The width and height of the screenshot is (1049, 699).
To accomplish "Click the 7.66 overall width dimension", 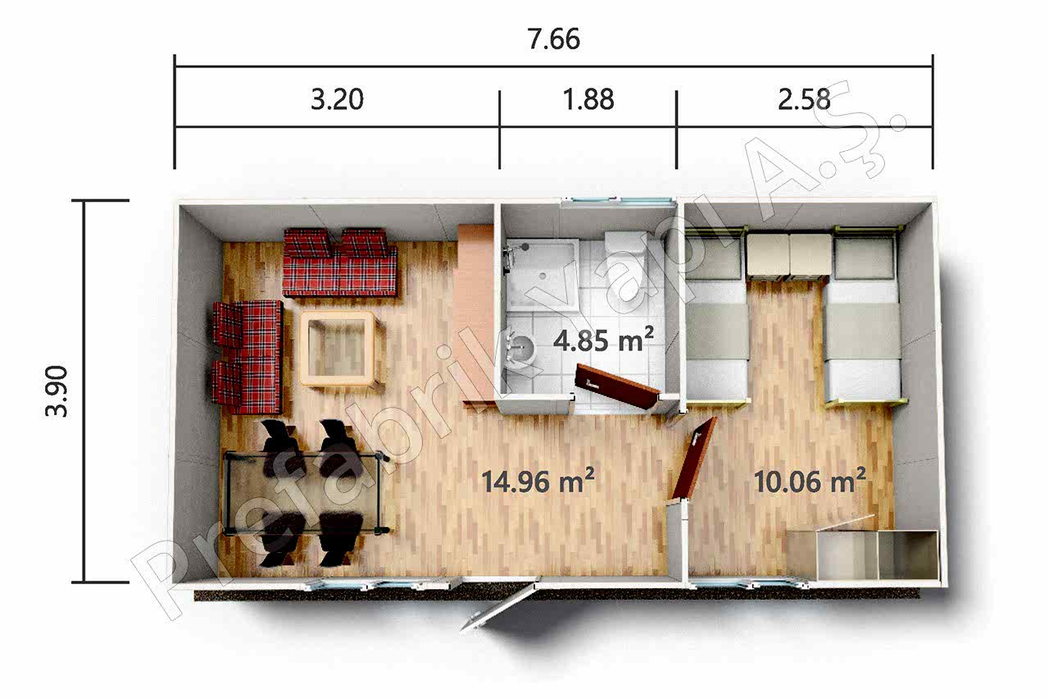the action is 553,39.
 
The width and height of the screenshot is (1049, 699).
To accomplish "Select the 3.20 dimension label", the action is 337,99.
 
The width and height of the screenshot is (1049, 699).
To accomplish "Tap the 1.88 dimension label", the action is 588,99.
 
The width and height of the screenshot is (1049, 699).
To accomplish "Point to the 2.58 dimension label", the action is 804,99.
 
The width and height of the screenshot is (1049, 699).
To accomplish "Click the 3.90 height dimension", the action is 57,391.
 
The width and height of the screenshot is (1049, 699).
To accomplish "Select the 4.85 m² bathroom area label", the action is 603,340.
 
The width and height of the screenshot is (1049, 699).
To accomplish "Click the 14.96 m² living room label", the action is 538,481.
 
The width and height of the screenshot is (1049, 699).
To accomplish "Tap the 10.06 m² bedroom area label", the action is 811,481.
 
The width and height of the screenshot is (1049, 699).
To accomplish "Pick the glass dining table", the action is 305,492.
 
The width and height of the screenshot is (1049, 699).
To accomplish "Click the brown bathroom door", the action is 616,386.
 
